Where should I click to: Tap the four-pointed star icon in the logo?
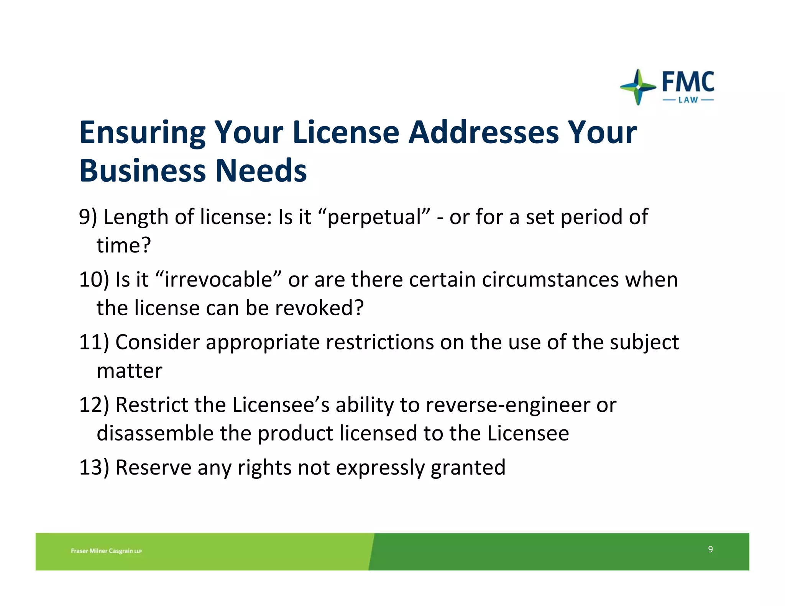(x=638, y=87)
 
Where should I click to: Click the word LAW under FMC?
(x=688, y=100)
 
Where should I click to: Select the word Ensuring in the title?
(x=142, y=133)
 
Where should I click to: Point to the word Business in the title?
(x=142, y=170)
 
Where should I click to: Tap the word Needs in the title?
(x=261, y=170)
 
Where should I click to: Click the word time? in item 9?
(x=124, y=245)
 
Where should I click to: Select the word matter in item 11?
(x=130, y=370)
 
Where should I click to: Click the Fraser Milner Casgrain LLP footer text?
(x=106, y=551)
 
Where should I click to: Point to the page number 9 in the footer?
(x=710, y=549)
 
